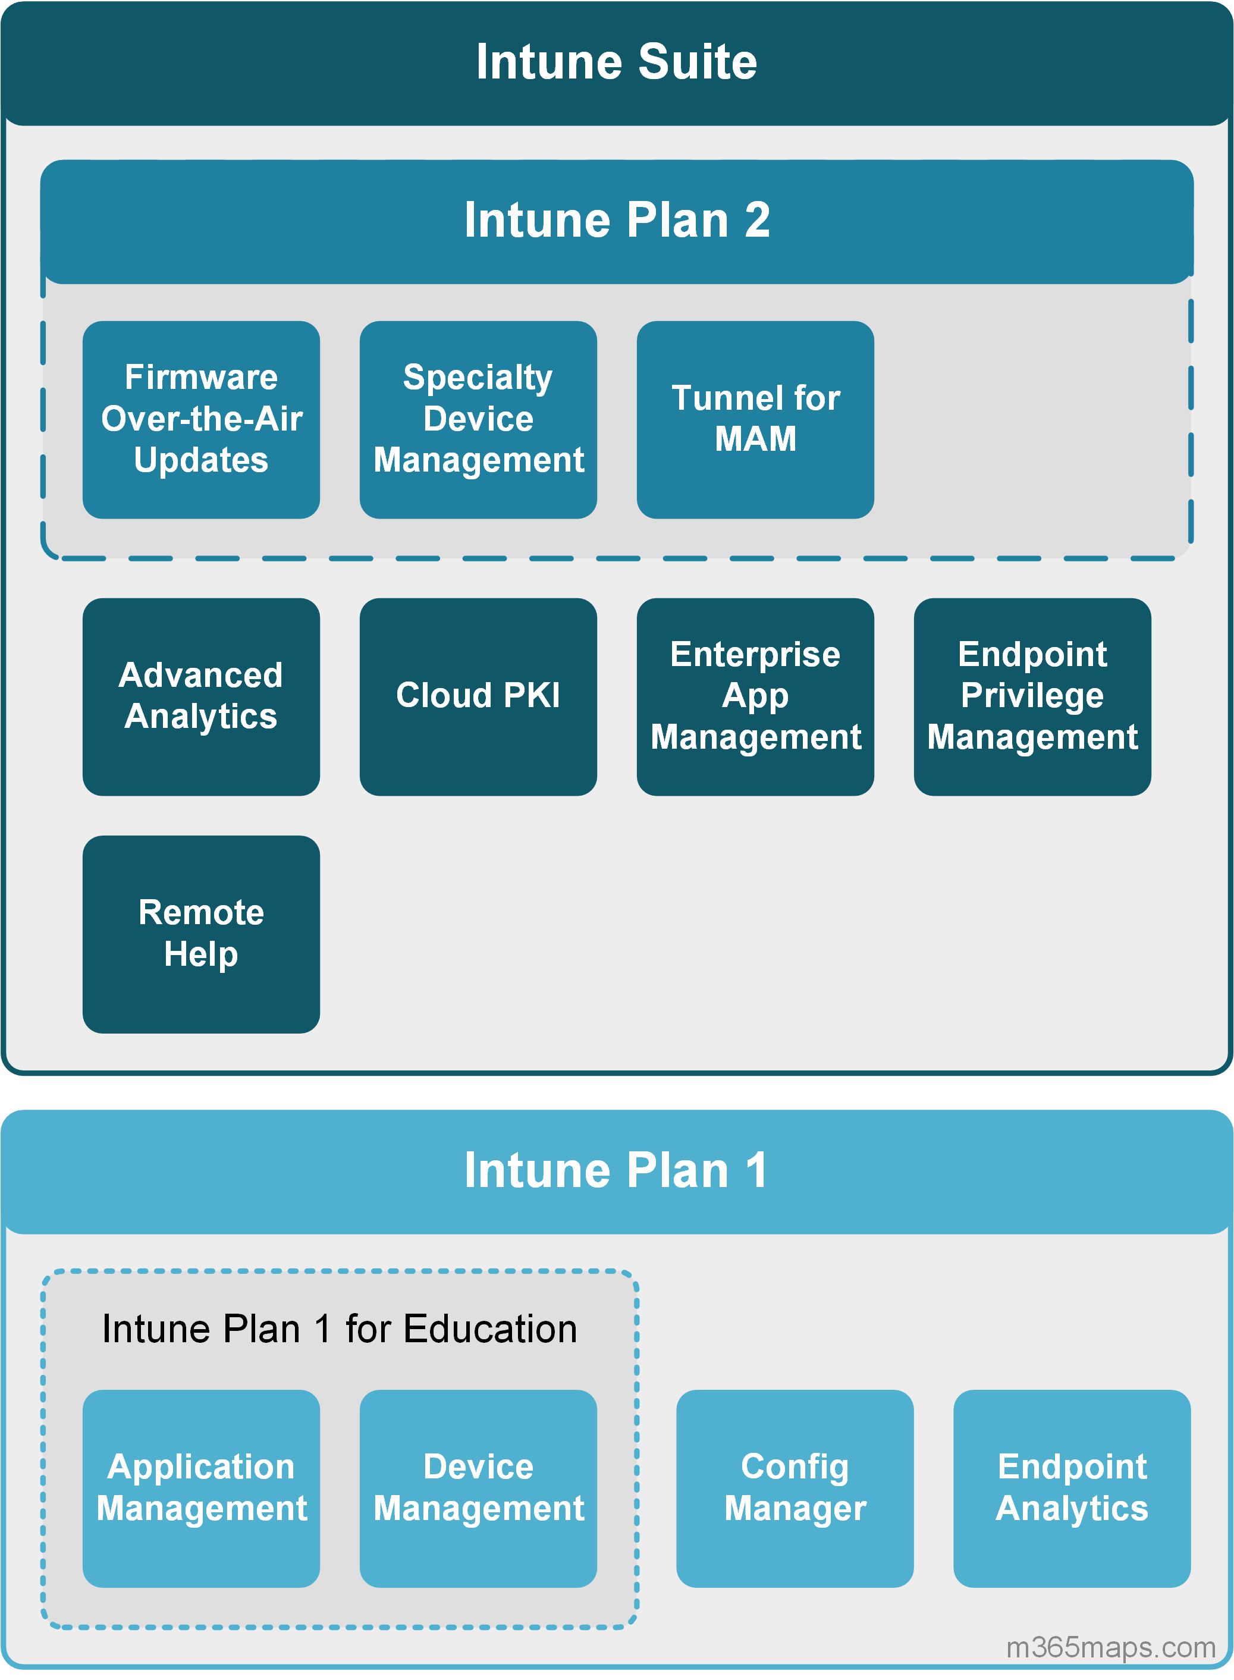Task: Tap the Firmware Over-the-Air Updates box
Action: pos(201,419)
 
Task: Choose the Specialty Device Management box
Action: pos(478,419)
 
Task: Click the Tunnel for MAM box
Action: pos(755,419)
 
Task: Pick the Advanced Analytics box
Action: pos(201,696)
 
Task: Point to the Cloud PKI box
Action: pos(478,696)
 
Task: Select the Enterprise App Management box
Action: pos(755,696)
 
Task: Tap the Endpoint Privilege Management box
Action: pos(1032,696)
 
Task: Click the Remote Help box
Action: pos(201,934)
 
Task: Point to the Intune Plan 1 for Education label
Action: pos(340,1329)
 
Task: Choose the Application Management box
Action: pos(201,1488)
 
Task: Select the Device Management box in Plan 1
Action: pos(478,1488)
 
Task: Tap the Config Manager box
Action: pos(795,1488)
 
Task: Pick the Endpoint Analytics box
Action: pos(1072,1488)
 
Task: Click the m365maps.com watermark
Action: pos(1111,1647)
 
